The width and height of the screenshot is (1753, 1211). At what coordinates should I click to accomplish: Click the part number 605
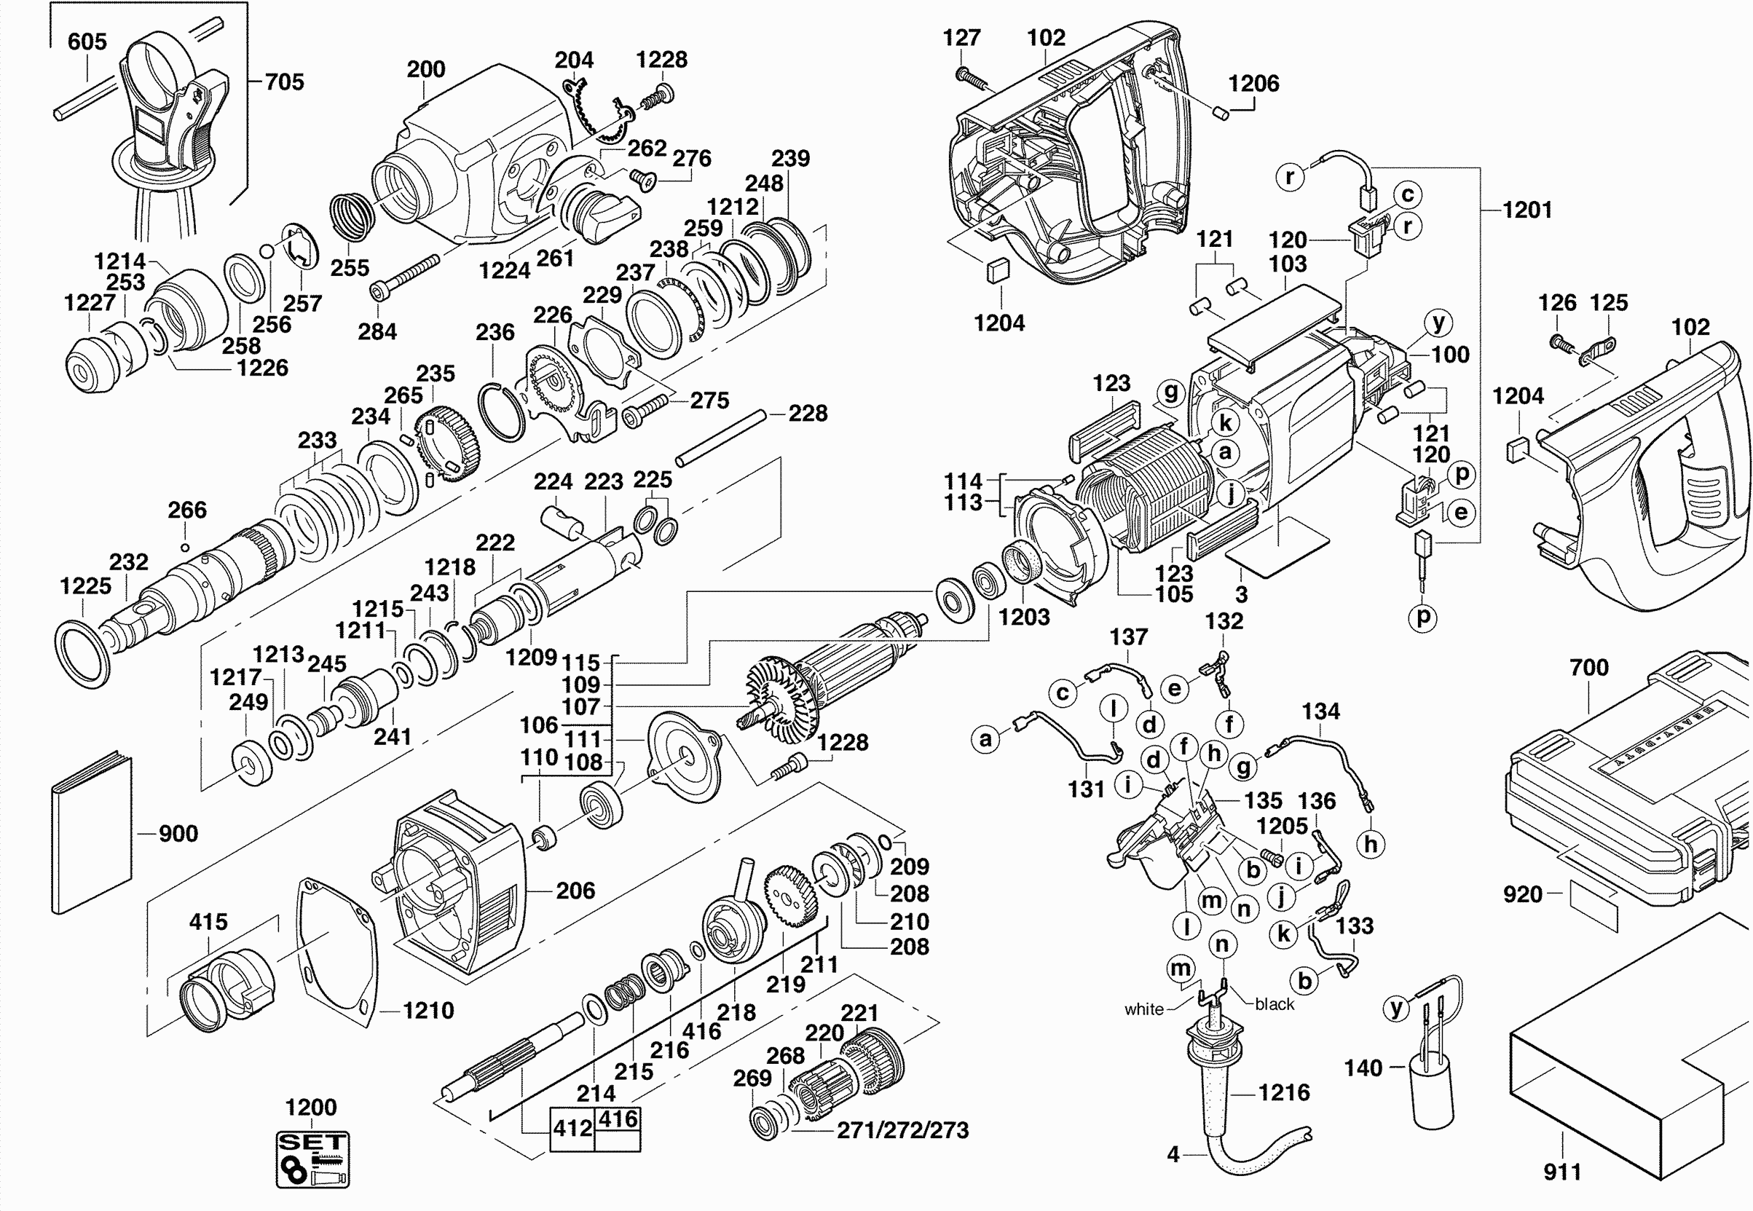click(x=87, y=42)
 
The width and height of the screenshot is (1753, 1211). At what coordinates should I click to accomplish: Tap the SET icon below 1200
click(x=312, y=1159)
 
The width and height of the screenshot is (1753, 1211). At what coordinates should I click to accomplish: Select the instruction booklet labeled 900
click(x=91, y=835)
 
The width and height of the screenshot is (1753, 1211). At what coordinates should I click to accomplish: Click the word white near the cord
click(x=1143, y=1009)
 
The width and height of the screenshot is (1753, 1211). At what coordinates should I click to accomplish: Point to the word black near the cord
click(x=1275, y=1004)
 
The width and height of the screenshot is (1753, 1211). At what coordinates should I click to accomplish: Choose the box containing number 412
click(x=572, y=1129)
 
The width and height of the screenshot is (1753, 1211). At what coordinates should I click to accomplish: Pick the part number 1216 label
click(x=1283, y=1092)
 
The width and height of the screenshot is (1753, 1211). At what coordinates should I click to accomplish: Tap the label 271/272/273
click(x=902, y=1131)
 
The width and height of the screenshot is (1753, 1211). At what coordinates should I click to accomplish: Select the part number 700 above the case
click(x=1589, y=668)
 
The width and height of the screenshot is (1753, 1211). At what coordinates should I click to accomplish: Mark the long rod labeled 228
click(x=721, y=438)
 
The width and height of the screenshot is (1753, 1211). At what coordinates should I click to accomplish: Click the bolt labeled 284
click(x=405, y=276)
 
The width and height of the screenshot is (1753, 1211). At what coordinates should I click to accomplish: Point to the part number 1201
click(x=1527, y=210)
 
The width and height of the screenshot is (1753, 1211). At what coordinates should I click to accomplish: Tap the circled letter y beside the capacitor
click(x=1396, y=1009)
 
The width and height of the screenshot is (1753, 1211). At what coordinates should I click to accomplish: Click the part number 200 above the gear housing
click(x=426, y=69)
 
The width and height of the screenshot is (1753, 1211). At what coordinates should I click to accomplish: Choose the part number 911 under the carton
click(x=1562, y=1172)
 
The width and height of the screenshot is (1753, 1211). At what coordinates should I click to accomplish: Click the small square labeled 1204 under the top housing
click(x=997, y=271)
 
